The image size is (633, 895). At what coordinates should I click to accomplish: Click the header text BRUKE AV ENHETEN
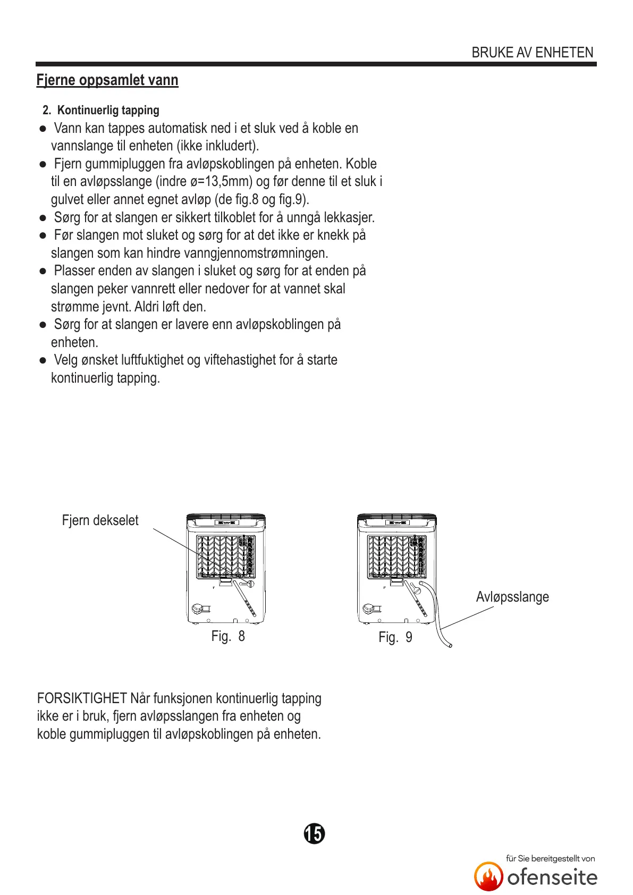[532, 53]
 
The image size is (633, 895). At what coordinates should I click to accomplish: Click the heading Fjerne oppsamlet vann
[107, 80]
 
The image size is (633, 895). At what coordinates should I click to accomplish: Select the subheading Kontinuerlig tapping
[108, 110]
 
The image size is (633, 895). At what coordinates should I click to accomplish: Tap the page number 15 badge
[314, 833]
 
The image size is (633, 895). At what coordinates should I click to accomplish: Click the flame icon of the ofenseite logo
[488, 876]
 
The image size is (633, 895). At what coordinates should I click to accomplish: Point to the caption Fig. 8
[228, 636]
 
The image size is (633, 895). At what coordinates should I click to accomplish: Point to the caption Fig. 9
[395, 637]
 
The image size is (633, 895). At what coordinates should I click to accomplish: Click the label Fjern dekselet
[100, 520]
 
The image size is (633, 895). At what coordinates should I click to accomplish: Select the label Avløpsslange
[512, 597]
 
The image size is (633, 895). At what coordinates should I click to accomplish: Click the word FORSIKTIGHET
[82, 698]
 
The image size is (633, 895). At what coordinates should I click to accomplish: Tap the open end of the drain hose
[450, 645]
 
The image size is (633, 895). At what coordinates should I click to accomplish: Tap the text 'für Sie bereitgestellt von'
[550, 858]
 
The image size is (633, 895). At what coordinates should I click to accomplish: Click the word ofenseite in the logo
[552, 877]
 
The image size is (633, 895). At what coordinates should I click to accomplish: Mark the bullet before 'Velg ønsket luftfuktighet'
[43, 360]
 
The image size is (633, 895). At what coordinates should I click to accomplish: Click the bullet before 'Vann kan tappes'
[43, 129]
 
